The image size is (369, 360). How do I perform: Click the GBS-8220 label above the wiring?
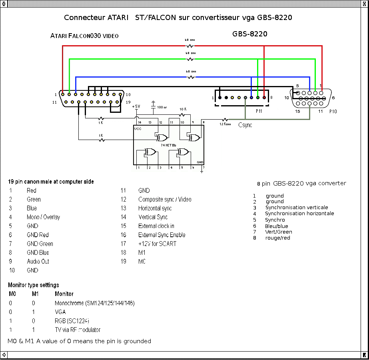[x=250, y=34]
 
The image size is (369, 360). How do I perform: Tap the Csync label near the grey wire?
[x=245, y=125]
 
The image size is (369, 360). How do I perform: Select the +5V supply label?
[x=136, y=106]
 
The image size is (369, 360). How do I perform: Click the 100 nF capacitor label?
[x=162, y=107]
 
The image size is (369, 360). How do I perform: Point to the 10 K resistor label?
[x=183, y=109]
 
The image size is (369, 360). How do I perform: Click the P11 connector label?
[x=259, y=111]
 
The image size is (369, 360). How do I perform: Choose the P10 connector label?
[x=333, y=112]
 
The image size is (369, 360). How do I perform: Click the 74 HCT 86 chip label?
[x=168, y=145]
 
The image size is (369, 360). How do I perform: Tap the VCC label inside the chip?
[x=138, y=129]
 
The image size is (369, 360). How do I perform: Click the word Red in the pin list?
[x=31, y=191]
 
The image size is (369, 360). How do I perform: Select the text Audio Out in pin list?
[x=38, y=262]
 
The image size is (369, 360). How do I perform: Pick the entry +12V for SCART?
[x=157, y=244]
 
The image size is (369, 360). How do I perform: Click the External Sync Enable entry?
[x=162, y=235]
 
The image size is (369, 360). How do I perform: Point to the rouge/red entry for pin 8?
[x=277, y=238]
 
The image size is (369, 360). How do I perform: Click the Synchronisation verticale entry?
[x=296, y=208]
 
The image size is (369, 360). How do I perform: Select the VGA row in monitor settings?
[x=60, y=312]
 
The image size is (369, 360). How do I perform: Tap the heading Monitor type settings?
[x=34, y=285]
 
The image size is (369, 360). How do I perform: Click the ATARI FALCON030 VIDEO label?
[x=84, y=36]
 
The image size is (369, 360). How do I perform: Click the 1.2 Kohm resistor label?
[x=225, y=124]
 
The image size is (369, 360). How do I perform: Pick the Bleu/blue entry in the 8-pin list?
[x=276, y=226]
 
